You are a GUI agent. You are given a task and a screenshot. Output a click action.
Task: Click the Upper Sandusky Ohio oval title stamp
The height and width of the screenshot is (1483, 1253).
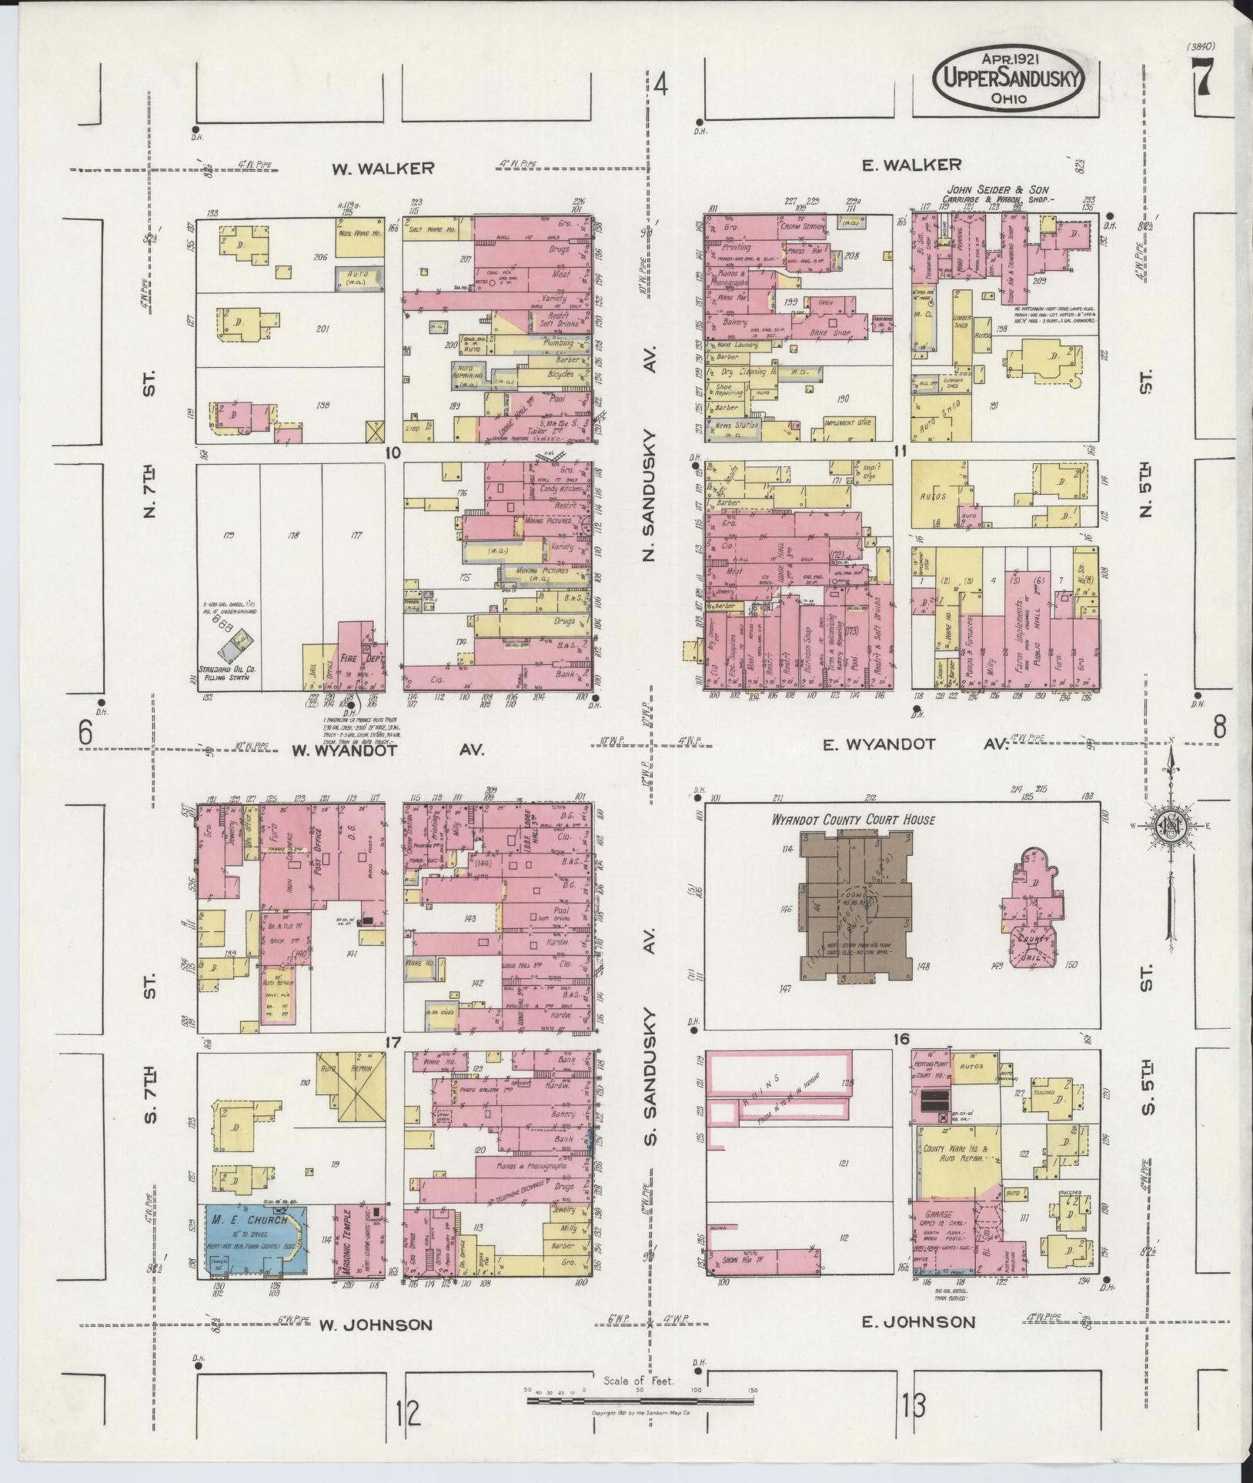point(1009,78)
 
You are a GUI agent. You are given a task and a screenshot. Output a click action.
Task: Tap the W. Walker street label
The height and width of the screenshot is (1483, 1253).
point(383,169)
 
